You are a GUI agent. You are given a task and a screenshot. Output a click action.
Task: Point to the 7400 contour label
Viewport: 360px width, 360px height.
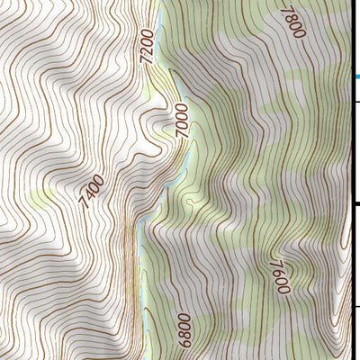92,192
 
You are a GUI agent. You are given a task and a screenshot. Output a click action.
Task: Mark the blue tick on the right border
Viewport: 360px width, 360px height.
356,77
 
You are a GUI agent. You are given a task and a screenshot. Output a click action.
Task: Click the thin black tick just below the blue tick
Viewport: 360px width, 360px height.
356,102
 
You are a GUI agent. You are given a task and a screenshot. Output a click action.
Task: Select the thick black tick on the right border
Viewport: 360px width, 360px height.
356,205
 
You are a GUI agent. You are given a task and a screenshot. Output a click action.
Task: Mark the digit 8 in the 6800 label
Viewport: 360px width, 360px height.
184,334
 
